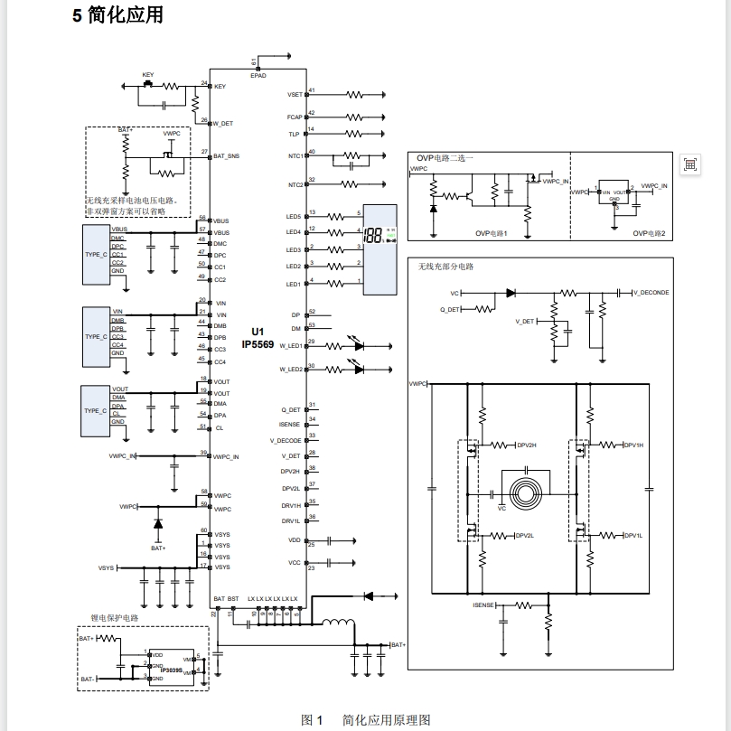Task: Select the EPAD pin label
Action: [258, 76]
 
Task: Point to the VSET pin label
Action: [295, 94]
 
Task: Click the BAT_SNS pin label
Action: [226, 156]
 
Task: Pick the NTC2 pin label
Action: [295, 185]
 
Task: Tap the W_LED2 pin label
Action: [290, 370]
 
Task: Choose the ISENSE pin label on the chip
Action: [290, 424]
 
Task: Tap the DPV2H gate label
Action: [527, 445]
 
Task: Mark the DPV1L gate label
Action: [632, 536]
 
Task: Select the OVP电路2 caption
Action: [649, 233]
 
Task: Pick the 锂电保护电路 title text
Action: [115, 618]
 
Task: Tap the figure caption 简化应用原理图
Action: [386, 720]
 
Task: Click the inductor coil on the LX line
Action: [340, 623]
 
